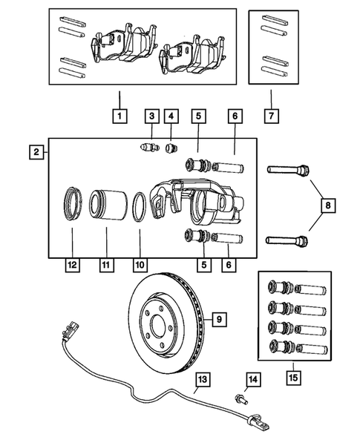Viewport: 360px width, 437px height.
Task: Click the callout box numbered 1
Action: [x=118, y=116]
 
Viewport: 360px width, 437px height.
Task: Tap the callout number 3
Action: [x=151, y=116]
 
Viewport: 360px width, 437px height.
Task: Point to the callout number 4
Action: [x=172, y=116]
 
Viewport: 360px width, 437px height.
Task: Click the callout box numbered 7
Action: [x=272, y=116]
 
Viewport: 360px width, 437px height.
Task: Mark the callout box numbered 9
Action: [x=219, y=320]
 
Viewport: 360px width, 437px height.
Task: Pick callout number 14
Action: [x=252, y=381]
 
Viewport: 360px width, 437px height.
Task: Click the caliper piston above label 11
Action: [x=105, y=206]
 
